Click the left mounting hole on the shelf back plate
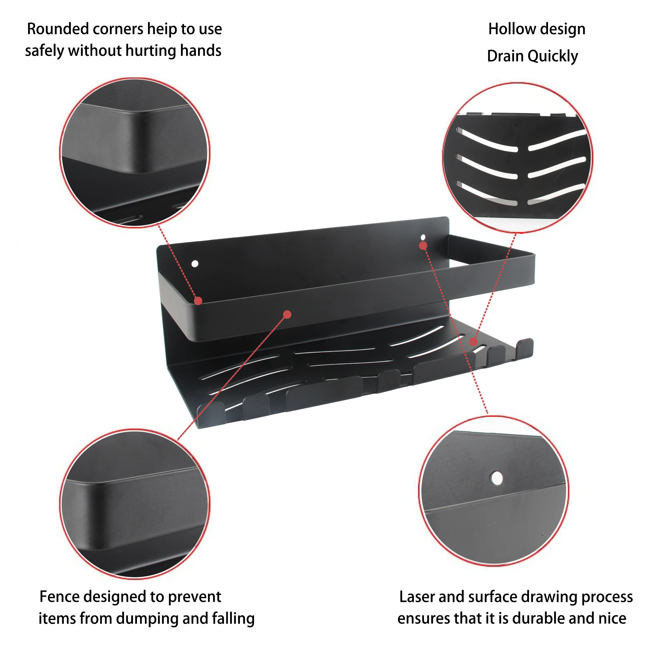pyautogui.click(x=195, y=263)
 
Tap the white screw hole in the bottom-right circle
pyautogui.click(x=496, y=478)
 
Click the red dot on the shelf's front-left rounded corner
pyautogui.click(x=198, y=301)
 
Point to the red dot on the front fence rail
pyautogui.click(x=287, y=315)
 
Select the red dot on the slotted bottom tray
pyautogui.click(x=473, y=342)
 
